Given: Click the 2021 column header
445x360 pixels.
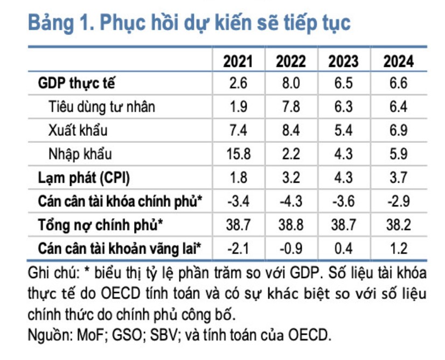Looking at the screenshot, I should coord(238,61).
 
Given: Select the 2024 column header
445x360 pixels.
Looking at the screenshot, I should coord(398,61).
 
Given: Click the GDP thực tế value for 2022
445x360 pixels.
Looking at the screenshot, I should coord(291,84).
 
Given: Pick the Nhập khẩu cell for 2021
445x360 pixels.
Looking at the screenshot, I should coord(238,154).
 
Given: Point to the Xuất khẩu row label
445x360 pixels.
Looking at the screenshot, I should coord(78,130).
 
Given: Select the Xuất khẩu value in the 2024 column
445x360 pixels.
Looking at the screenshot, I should coord(398,130).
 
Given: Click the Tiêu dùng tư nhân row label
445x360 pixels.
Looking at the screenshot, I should coord(101,107).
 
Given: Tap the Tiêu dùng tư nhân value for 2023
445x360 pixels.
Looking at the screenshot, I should coord(344,107).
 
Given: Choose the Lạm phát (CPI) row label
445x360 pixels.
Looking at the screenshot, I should coord(84,177).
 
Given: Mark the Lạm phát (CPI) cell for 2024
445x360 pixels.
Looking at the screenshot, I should coord(398,177).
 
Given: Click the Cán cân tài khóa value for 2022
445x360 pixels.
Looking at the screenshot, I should coord(291,201).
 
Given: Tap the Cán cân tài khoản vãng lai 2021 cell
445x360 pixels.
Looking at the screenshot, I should coord(238,248).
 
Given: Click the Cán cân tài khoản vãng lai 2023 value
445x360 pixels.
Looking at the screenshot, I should coord(344,248).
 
